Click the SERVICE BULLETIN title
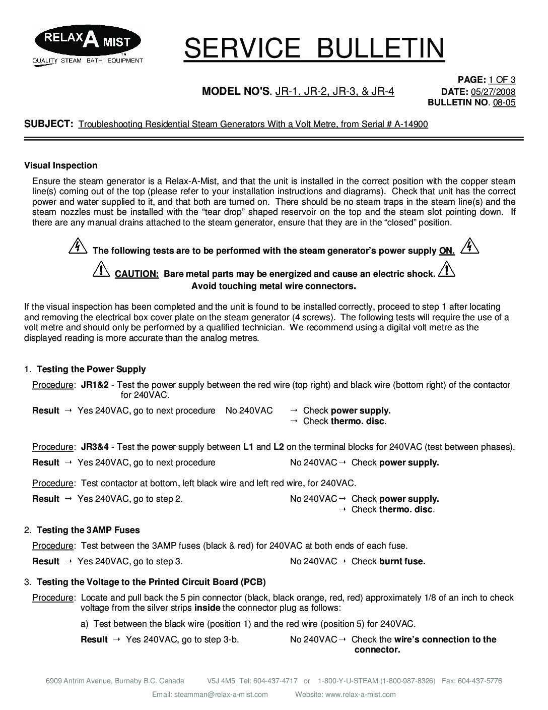tap(314, 48)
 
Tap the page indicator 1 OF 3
tap(502, 80)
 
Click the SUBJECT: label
tap(49, 124)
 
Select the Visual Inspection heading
tap(61, 165)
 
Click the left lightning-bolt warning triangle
tap(77, 247)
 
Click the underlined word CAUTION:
tap(137, 274)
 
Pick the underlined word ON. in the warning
tap(447, 251)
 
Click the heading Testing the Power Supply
tap(91, 369)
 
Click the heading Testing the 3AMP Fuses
tap(88, 530)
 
